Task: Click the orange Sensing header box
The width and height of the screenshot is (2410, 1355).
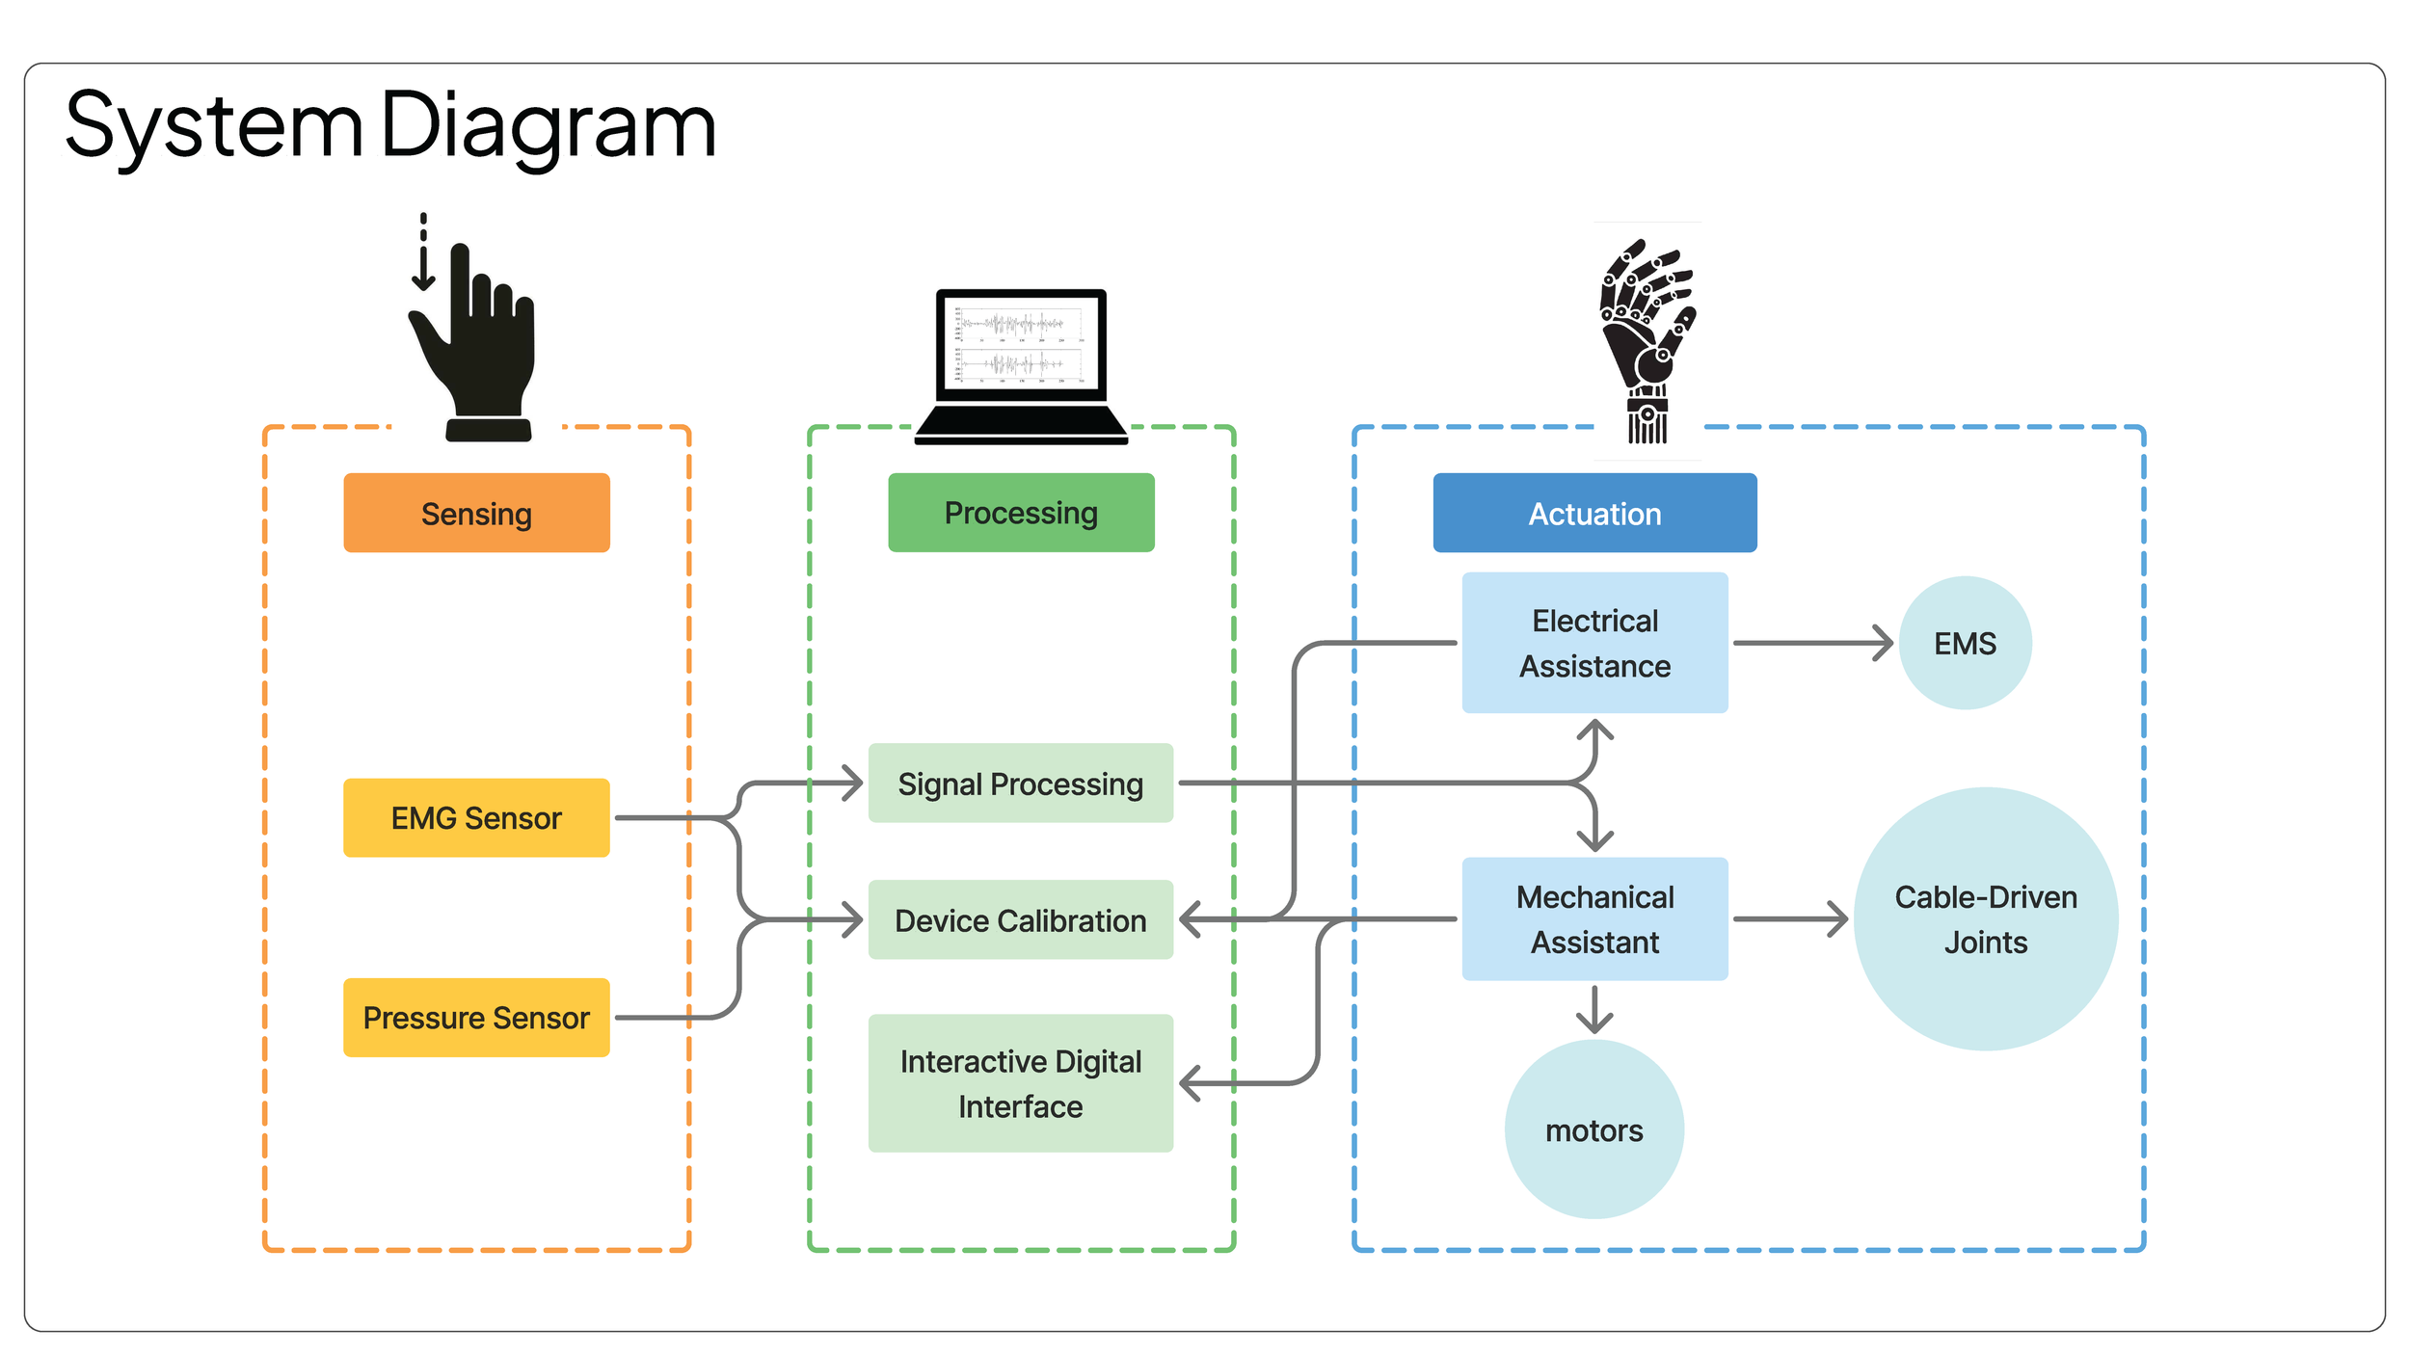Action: point(476,513)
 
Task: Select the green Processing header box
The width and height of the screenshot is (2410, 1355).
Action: point(1021,513)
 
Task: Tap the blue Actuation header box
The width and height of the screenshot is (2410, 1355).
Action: point(1594,513)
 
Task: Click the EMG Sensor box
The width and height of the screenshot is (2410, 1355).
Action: point(476,818)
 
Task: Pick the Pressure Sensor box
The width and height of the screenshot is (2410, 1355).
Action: point(476,1018)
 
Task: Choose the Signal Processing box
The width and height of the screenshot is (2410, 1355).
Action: point(1020,784)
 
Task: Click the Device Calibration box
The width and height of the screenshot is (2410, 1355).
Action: point(1020,920)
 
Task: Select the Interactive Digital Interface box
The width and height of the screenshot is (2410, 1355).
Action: point(1020,1083)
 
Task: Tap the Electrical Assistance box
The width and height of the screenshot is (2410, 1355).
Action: point(1594,643)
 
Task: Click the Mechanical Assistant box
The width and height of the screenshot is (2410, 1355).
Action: point(1594,919)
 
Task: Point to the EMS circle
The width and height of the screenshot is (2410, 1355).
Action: point(1965,643)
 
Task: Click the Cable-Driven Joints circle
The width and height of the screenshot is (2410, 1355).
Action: point(1986,919)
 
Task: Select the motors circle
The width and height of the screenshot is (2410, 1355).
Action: point(1594,1129)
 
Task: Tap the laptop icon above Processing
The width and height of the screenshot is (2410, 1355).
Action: point(1021,366)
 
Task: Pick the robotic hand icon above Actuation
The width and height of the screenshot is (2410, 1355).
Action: point(1647,337)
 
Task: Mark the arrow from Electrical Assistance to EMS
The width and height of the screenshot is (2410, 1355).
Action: point(1812,643)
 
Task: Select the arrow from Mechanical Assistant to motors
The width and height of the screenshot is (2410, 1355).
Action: point(1594,1009)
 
